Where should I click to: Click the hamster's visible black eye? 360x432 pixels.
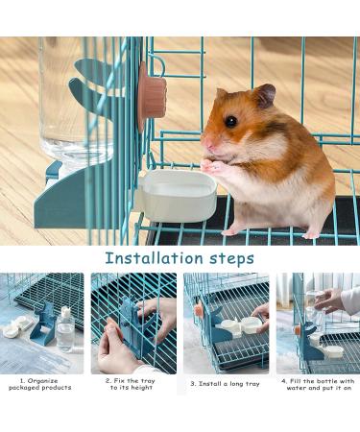pyautogui.click(x=230, y=121)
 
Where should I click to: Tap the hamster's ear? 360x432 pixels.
pyautogui.click(x=264, y=95)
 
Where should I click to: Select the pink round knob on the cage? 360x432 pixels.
pyautogui.click(x=153, y=96)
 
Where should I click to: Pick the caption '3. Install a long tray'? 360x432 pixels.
pyautogui.click(x=226, y=383)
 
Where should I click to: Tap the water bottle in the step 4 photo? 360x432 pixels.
pyautogui.click(x=311, y=312)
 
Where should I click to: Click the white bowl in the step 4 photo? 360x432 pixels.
pyautogui.click(x=334, y=351)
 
